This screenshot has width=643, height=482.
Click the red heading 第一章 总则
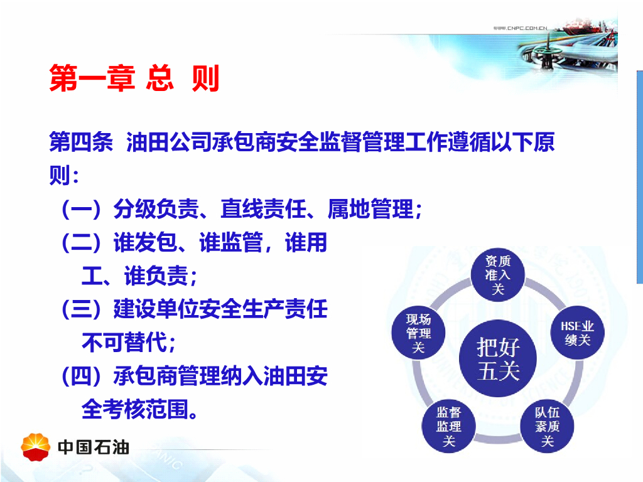coord(134,77)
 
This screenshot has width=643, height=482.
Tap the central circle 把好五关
coord(498,358)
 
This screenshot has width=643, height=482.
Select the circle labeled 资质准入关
coord(498,274)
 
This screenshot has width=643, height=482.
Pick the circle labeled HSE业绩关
coord(578,333)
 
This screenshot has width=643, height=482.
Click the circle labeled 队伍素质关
coord(547,426)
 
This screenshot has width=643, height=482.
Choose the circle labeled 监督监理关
coord(448,426)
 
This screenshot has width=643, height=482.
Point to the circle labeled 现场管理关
coord(418,333)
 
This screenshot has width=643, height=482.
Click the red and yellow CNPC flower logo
coord(36,447)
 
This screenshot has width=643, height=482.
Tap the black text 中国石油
coord(94,447)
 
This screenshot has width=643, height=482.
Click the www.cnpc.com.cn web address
coord(520,28)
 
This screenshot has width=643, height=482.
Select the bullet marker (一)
coord(81,209)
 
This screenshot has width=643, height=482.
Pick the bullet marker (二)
coord(81,242)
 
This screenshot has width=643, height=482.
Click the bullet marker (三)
coord(81,309)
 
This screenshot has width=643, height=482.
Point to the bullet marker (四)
coord(81,376)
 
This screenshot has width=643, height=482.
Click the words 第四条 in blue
coord(81,142)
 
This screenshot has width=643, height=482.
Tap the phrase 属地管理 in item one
coord(370,208)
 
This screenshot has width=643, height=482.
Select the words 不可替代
coord(125,342)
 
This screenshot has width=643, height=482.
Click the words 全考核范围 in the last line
coord(135,409)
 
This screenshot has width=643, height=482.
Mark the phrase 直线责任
coord(263,208)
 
